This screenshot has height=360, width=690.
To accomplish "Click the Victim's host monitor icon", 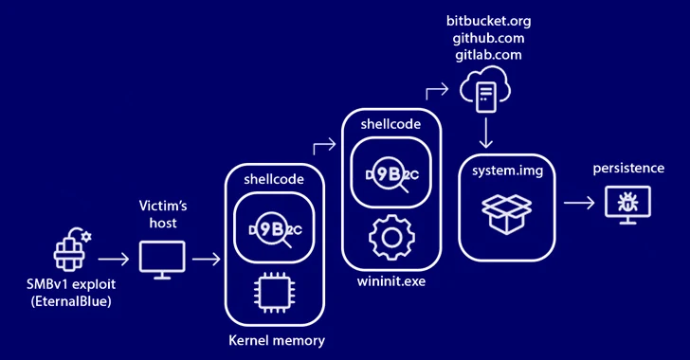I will (x=159, y=259).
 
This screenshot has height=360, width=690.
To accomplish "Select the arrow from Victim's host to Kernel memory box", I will (x=206, y=258).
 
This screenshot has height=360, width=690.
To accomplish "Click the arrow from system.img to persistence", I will (x=577, y=202).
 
